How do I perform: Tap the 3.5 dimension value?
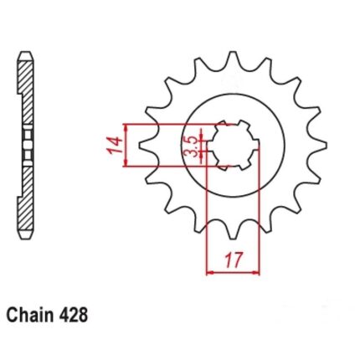click(x=191, y=146)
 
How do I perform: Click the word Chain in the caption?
click(x=28, y=317)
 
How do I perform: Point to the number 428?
click(x=70, y=317)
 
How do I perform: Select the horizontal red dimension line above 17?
click(x=233, y=271)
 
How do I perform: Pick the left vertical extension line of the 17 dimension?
click(x=206, y=218)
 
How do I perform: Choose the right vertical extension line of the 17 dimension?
click(x=260, y=218)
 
